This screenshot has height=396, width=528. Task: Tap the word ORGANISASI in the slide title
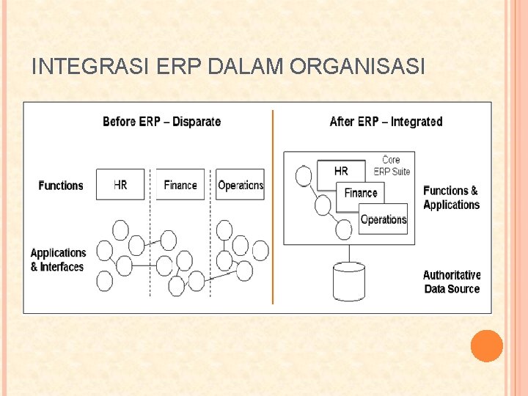(357, 67)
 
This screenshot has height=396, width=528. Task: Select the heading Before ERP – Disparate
(161, 121)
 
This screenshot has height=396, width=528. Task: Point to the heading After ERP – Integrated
(386, 121)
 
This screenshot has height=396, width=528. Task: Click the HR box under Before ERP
(120, 185)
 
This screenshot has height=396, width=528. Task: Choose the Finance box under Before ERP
(180, 185)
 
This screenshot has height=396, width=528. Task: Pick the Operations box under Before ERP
(241, 185)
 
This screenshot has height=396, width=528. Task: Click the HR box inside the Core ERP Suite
(341, 171)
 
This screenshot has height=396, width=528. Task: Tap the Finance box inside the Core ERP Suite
(361, 193)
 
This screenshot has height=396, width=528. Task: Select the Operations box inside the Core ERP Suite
(384, 219)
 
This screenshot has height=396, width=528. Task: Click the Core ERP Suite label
(392, 165)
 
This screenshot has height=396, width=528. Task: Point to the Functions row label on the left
(61, 186)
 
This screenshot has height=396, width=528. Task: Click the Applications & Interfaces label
(58, 260)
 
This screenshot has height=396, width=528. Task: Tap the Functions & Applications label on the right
(451, 197)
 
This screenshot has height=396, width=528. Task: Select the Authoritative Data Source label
(452, 282)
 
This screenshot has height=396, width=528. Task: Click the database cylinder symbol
(349, 282)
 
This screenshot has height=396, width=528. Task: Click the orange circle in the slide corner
(487, 346)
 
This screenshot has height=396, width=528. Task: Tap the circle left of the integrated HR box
(303, 176)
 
